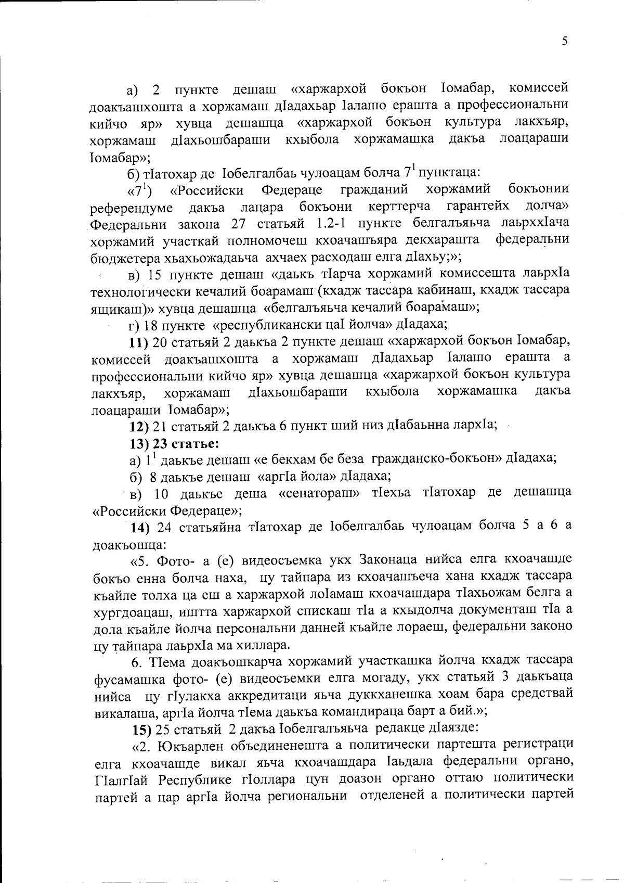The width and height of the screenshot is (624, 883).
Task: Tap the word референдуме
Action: [132, 208]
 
